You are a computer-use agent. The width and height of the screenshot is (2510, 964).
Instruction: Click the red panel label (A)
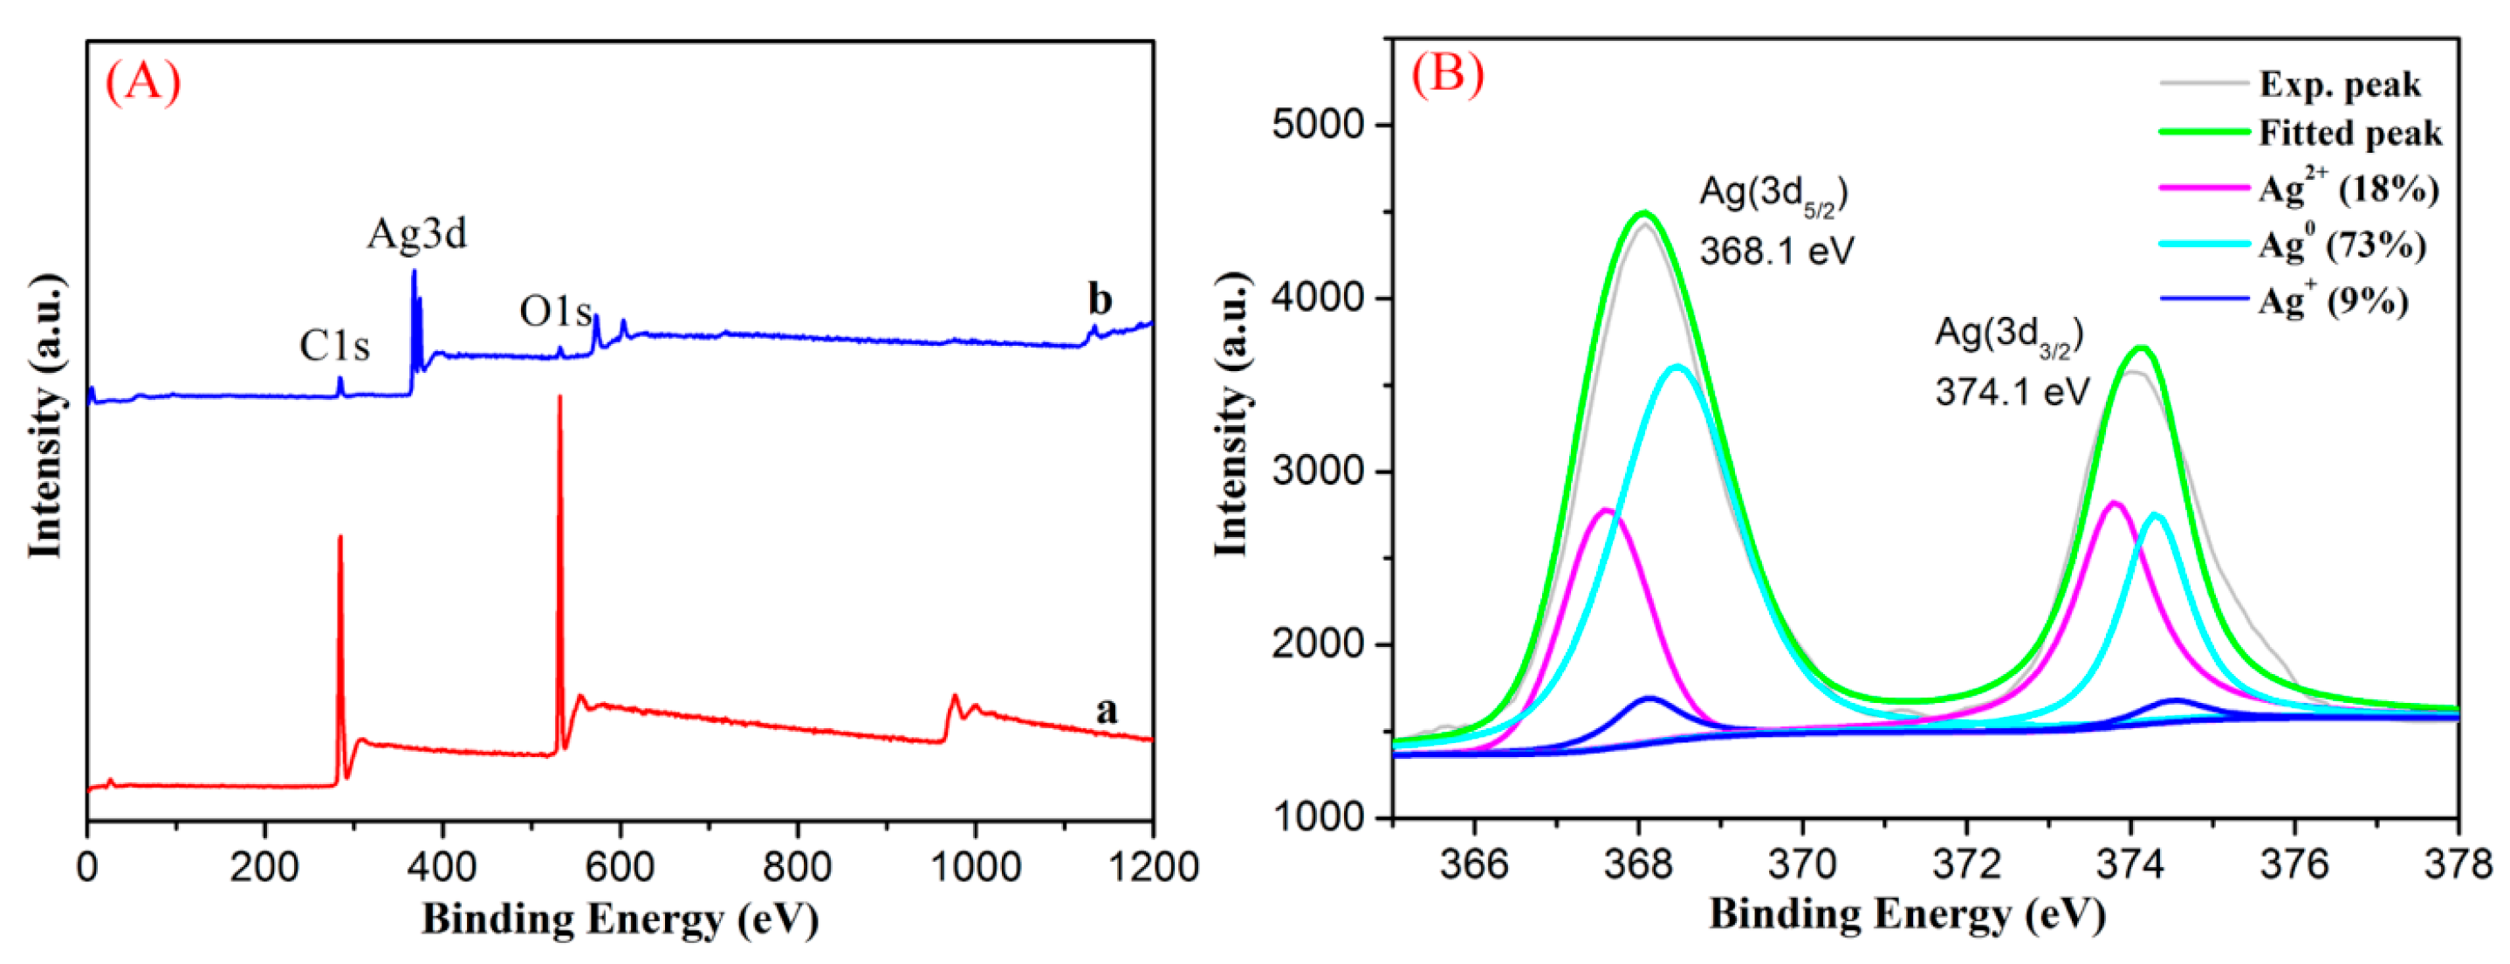(x=142, y=82)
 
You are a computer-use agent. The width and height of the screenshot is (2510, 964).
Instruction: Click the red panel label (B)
(x=1447, y=73)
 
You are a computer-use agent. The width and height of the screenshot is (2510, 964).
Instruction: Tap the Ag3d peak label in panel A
(x=417, y=234)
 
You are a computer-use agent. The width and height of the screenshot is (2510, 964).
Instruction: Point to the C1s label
(x=334, y=346)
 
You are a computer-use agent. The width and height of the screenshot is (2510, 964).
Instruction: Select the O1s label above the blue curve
(x=555, y=312)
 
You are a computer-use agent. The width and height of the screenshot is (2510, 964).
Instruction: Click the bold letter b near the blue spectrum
(x=1100, y=300)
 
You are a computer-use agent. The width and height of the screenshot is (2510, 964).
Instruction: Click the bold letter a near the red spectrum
(x=1106, y=710)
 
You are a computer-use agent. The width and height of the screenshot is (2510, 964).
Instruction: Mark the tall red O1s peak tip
(x=559, y=396)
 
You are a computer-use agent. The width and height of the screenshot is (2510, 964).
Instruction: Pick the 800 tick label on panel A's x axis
(x=797, y=866)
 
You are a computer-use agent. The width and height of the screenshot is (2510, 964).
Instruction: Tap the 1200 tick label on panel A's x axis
(x=1153, y=866)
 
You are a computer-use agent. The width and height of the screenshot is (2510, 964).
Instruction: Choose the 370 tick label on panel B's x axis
(x=1802, y=864)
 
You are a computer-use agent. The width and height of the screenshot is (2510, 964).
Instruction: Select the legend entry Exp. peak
(x=2340, y=85)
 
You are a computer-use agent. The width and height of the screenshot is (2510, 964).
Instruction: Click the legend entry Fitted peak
(x=2349, y=134)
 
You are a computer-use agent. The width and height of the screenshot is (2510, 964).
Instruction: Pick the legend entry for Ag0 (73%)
(x=2342, y=244)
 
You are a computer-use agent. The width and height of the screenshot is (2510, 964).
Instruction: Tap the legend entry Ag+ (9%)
(x=2333, y=300)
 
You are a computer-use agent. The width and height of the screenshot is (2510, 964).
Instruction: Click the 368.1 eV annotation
(x=1776, y=251)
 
